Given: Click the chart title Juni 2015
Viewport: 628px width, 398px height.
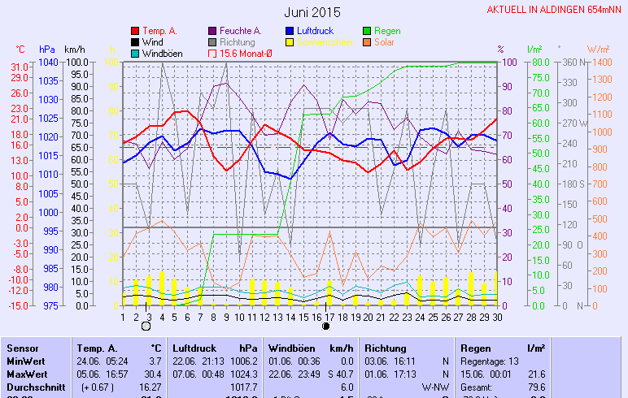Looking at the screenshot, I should (x=313, y=12).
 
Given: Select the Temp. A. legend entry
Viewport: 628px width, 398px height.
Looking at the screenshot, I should (x=159, y=31).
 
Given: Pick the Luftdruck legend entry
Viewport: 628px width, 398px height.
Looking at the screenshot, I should (x=309, y=31).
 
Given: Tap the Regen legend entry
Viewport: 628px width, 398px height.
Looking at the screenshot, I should (x=387, y=31).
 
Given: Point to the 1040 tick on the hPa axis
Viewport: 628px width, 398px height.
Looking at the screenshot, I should (x=48, y=63).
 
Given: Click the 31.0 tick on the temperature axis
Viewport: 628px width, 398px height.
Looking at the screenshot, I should (x=20, y=66).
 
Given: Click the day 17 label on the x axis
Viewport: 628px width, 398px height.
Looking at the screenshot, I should (x=329, y=317).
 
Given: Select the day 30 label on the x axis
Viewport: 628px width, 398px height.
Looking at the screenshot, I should (x=496, y=317).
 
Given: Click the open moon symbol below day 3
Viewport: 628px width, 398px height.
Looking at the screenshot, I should (x=146, y=327).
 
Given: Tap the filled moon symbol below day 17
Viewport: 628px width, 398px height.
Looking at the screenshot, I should (x=326, y=327).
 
